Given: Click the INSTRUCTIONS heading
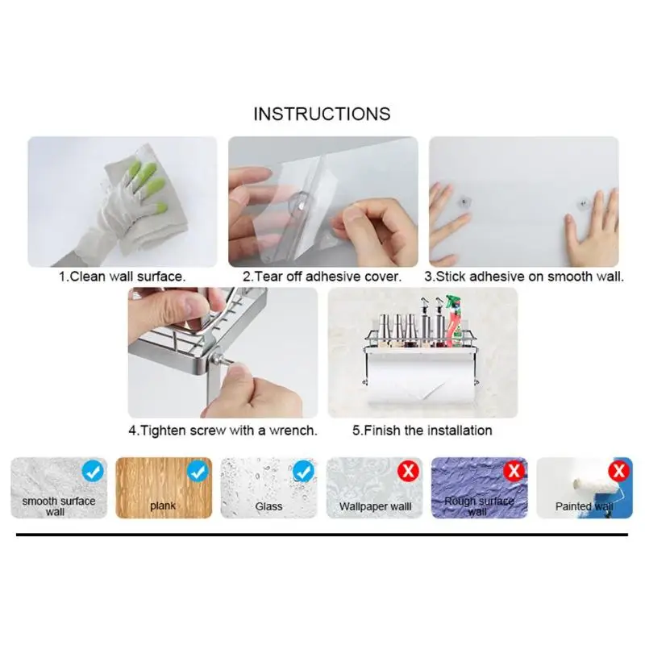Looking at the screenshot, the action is coord(322,114).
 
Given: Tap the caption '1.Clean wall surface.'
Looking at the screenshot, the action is coord(122,277).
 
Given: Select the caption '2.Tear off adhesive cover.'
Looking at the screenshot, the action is coord(322,277).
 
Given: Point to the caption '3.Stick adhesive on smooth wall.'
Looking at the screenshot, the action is coord(524,277).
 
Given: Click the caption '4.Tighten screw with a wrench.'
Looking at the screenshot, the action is coord(223,431).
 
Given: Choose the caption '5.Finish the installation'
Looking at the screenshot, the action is coord(422,431).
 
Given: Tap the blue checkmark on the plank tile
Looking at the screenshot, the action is coord(198,472).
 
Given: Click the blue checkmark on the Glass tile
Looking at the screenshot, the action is coord(304,472).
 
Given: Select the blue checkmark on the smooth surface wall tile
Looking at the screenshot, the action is coord(93,472).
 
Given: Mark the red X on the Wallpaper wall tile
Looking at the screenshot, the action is coord(409,471).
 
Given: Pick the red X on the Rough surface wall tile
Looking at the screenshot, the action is coord(514,471).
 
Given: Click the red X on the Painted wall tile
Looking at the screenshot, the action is coord(619,471).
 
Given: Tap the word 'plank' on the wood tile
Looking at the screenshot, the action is coord(163,506).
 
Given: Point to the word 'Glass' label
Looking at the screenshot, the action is coord(268,506).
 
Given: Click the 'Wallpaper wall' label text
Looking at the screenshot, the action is coord(375,506).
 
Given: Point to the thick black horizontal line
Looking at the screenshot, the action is coord(322,535).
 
